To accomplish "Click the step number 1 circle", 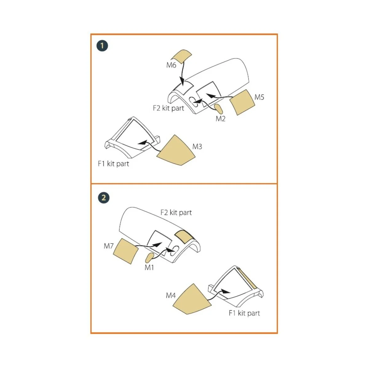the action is point(102,46).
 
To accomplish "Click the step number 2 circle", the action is point(104,198).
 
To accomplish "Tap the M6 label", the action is point(171,65).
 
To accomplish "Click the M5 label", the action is point(259,97).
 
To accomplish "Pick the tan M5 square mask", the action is point(242,102).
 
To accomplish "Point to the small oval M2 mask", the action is point(218,109).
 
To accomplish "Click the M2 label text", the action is point(220,119).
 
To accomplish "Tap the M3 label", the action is point(197,147).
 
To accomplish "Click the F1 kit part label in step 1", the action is point(113,164).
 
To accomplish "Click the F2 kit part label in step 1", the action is point(168,108).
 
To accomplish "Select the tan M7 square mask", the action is point(126,251).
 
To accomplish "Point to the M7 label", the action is point(109,246).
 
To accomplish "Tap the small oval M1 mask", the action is point(149,258).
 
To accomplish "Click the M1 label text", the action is point(149,268).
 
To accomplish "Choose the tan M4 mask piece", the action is point(192,300).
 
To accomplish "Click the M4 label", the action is point(171,296).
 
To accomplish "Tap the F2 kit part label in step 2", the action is point(176,212).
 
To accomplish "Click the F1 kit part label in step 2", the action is point(244,313).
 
